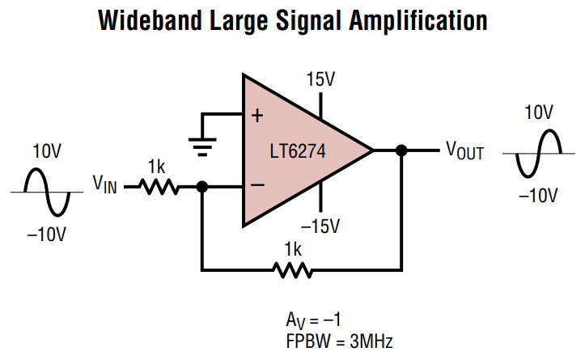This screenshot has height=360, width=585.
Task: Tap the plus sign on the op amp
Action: point(257,115)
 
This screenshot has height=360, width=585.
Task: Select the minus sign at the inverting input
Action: point(257,185)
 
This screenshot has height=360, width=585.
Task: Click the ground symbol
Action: point(201,146)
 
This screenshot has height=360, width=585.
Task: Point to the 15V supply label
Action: point(321,79)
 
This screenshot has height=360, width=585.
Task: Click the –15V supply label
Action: point(321,224)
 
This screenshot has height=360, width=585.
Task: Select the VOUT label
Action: point(464,150)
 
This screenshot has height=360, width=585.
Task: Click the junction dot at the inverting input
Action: point(201,186)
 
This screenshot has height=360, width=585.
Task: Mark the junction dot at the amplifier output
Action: point(401,150)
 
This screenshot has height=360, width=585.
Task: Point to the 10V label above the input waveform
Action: point(47,151)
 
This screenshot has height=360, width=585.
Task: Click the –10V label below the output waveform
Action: point(538,194)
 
